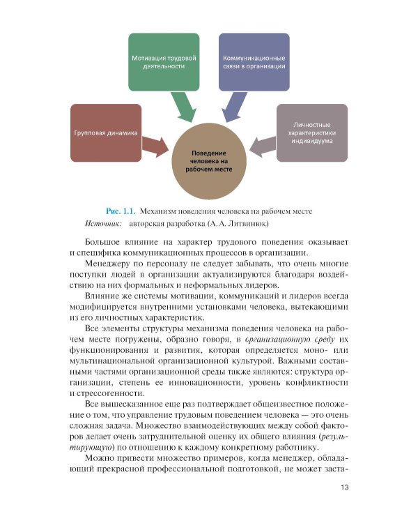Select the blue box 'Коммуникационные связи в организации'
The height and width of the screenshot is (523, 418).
pyautogui.click(x=254, y=61)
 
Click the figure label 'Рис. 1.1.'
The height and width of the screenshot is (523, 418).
pyautogui.click(x=119, y=211)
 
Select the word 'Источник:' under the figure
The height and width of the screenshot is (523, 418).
pyautogui.click(x=103, y=224)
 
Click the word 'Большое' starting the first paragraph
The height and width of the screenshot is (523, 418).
pyautogui.click(x=106, y=241)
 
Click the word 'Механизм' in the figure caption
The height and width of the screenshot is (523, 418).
pyautogui.click(x=162, y=211)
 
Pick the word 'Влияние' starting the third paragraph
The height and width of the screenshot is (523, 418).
pyautogui.click(x=104, y=301)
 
